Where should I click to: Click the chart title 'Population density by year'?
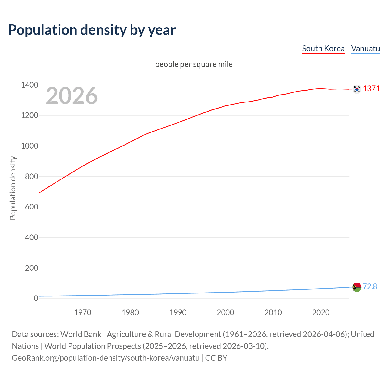pos(92,30)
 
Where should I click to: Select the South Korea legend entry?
pos(323,48)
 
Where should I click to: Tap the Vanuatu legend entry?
pos(365,48)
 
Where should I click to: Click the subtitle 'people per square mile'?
pos(194,64)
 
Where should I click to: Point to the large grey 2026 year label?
pos(72,96)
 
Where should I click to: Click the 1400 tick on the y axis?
pos(29,85)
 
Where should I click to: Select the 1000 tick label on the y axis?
pos(29,146)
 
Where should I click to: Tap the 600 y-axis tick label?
pos(32,207)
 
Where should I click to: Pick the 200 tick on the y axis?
pos(32,268)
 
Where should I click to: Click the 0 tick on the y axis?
pos(36,298)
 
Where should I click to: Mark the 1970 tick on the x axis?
pos(82,313)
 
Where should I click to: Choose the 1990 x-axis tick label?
pos(178,313)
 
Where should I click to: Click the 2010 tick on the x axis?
pos(273,313)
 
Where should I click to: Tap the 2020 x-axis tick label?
pos(321,313)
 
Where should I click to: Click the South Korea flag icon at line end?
pos(357,89)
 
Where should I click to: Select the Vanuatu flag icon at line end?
pos(357,287)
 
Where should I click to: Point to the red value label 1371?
pos(371,89)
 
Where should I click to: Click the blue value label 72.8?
pos(370,286)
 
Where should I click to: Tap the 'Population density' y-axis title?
pos(13,188)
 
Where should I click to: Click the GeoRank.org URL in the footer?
pos(105,358)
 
